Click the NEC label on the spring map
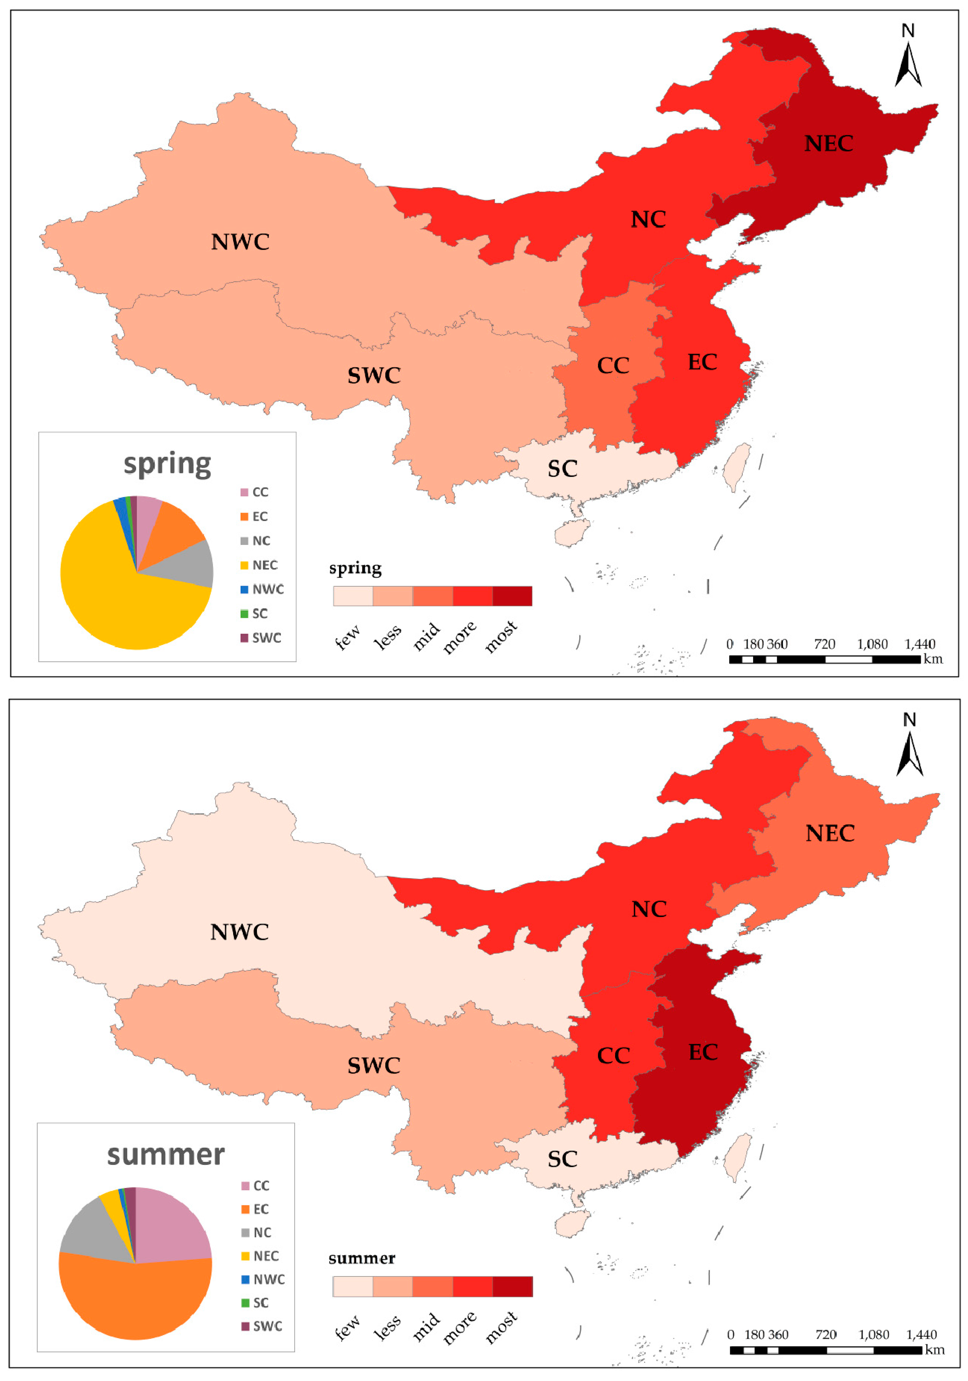829,144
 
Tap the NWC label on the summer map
239,932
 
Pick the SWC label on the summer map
373,1065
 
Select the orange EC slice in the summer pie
135,1299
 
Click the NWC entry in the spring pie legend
262,589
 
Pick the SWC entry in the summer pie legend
262,1326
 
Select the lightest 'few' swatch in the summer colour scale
353,1287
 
